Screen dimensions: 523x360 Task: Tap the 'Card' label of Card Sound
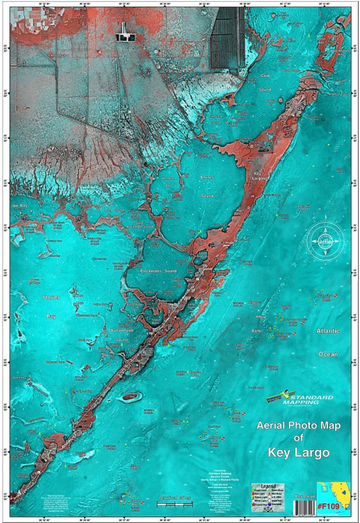(x=266, y=76)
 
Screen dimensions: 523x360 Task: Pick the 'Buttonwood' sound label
(x=123, y=331)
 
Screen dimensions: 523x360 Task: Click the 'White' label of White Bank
(x=261, y=318)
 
